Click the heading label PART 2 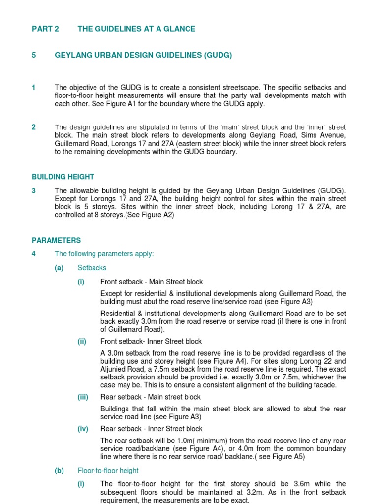coord(45,29)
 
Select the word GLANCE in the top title coord(180,29)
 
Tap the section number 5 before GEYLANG coord(34,55)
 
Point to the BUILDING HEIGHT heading coord(63,177)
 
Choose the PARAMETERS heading coord(56,240)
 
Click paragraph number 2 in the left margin coord(34,127)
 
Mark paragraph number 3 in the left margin coord(34,191)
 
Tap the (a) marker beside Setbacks coord(59,268)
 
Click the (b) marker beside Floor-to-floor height coord(59,471)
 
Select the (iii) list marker coord(82,397)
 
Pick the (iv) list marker coord(82,429)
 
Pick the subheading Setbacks coord(92,268)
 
